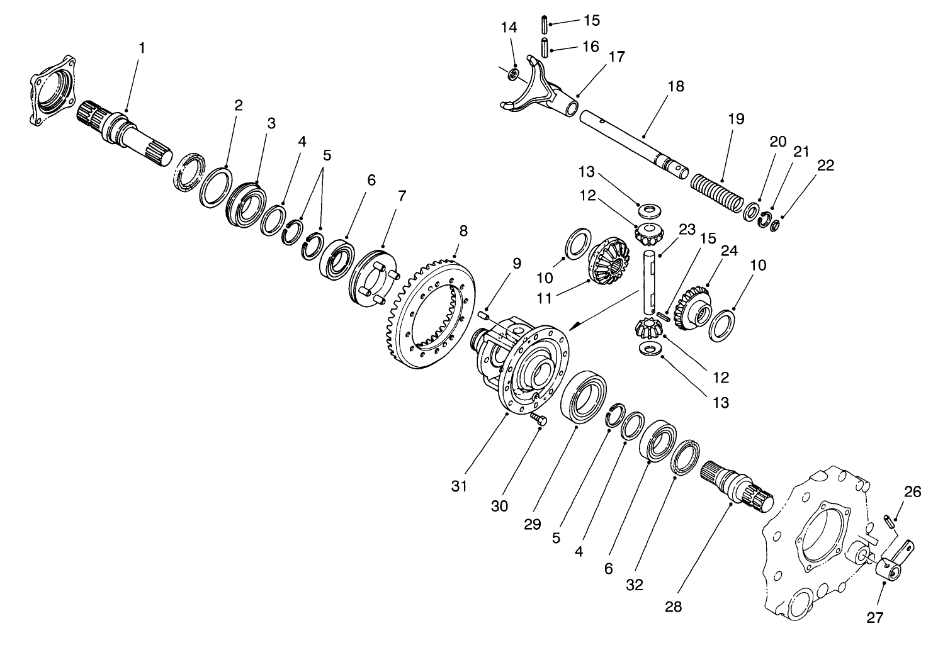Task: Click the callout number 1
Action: [142, 48]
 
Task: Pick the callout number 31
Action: [460, 486]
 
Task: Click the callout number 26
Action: [912, 492]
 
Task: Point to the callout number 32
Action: [635, 585]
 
